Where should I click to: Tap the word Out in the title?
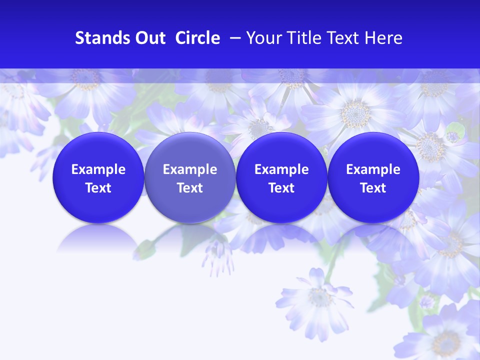(x=148, y=38)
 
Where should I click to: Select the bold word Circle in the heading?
(x=197, y=38)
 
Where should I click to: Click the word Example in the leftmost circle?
(x=98, y=169)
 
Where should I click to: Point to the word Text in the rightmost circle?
(x=373, y=188)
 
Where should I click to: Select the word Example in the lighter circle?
(x=190, y=169)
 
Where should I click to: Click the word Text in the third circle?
(x=281, y=188)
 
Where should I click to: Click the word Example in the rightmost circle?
(x=373, y=169)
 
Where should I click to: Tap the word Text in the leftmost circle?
(x=98, y=188)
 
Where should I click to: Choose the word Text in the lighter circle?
(x=190, y=188)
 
